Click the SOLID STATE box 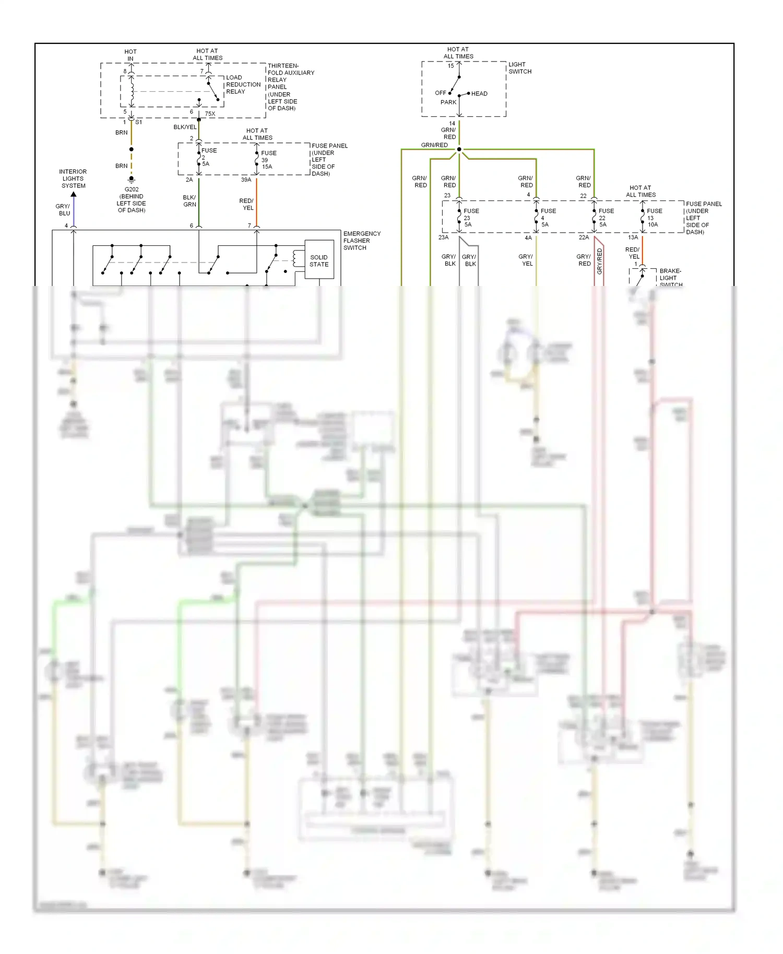point(319,260)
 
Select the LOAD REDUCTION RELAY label point(243,85)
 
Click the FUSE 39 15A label point(268,160)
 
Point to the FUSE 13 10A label point(654,218)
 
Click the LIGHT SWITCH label point(520,68)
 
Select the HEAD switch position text point(479,94)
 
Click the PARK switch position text point(448,102)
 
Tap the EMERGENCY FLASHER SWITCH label point(362,241)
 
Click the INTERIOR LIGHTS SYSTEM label point(73,178)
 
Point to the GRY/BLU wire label point(63,210)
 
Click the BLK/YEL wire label point(185,127)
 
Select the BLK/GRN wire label point(189,201)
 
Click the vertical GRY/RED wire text point(599,261)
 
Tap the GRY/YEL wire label point(526,260)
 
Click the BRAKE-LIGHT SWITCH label point(670,278)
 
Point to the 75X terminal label point(210,114)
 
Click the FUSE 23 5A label point(470,218)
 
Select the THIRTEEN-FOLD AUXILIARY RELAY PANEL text point(290,87)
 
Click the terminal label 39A point(246,180)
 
